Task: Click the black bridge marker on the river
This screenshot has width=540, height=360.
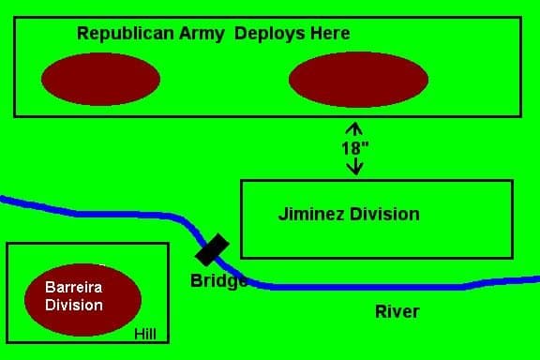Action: [212, 249]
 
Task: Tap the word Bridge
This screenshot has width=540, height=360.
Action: [218, 280]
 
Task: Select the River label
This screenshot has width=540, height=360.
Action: [397, 312]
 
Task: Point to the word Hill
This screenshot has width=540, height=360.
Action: [145, 334]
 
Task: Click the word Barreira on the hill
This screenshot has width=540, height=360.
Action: [74, 287]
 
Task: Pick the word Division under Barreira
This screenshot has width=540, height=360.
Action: [74, 306]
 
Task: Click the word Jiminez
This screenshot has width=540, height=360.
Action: [311, 215]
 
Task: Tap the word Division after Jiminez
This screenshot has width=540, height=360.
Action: [384, 215]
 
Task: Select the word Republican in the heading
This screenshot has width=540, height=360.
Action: [126, 34]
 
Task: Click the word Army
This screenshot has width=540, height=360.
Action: [202, 34]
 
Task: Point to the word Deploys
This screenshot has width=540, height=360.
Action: [270, 34]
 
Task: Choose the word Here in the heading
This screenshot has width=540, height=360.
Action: [330, 34]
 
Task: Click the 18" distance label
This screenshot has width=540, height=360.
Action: [354, 148]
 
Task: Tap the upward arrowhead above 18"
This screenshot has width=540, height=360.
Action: [354, 127]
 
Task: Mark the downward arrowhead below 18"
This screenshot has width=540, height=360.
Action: [354, 169]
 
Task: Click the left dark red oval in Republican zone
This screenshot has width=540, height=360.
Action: [100, 79]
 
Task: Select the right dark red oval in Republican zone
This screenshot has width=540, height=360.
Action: [358, 80]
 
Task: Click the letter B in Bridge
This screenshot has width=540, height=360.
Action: [196, 280]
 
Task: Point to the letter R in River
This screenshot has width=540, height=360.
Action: [382, 312]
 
